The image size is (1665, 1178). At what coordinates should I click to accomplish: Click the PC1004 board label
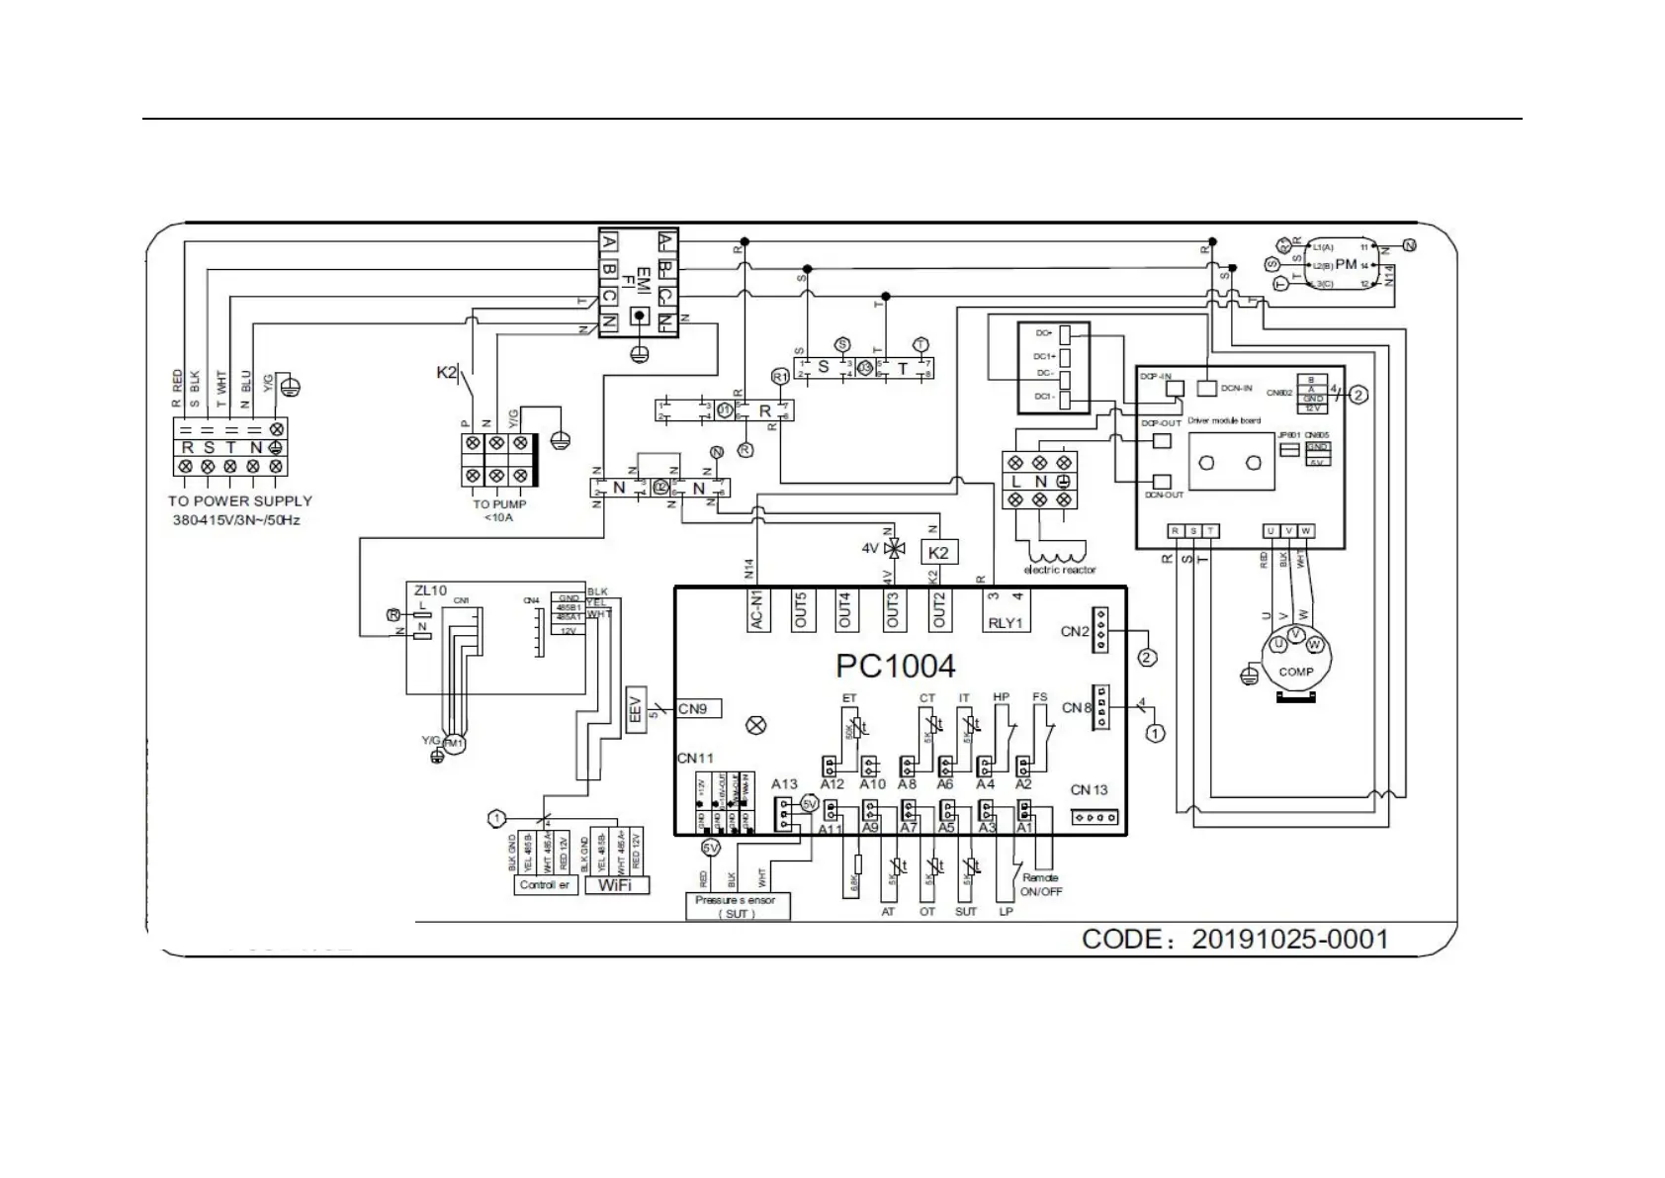tap(895, 666)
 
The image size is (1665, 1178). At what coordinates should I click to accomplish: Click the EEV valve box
tap(636, 709)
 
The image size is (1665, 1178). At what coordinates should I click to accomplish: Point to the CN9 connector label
tap(696, 708)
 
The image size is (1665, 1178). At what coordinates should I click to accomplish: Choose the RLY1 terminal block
tap(1008, 610)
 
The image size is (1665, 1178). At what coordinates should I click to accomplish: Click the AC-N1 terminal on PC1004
tap(756, 610)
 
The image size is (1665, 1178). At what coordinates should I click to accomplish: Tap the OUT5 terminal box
tap(801, 610)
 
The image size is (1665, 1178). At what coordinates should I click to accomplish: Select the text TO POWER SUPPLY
tap(239, 501)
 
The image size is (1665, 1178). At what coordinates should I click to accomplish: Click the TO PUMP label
tap(499, 504)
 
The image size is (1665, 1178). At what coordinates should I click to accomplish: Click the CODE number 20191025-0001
tap(1289, 939)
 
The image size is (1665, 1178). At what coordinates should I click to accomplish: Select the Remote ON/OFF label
tap(1041, 884)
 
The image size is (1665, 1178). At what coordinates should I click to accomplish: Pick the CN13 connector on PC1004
tap(1095, 818)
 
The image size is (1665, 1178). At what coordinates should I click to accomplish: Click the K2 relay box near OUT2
tap(938, 552)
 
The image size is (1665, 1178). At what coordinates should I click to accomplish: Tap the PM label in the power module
tap(1346, 265)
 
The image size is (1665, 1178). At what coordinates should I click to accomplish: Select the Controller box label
tap(544, 885)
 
